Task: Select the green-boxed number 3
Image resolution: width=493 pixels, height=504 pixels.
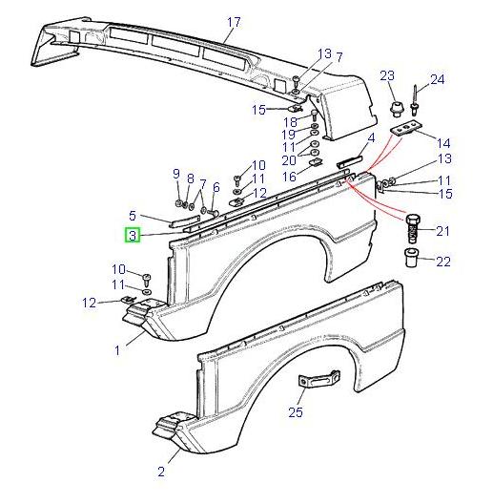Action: point(134,236)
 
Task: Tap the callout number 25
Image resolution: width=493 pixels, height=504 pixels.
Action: point(295,412)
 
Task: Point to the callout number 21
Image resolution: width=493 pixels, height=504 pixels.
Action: point(442,232)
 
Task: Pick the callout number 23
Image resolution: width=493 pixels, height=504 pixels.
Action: point(387,75)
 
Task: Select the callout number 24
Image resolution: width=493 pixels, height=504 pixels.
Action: point(438,80)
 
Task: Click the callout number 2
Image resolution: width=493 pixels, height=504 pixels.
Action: point(161,471)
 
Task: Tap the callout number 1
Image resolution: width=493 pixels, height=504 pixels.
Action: point(117,350)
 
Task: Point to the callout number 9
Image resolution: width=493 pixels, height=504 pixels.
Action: point(175,173)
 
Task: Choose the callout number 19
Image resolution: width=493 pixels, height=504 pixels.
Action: point(289,135)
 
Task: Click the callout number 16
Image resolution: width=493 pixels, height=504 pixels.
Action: point(289,176)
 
